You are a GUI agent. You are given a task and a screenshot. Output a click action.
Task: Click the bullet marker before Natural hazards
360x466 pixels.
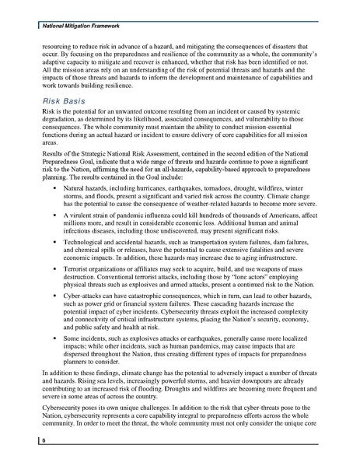point(54,189)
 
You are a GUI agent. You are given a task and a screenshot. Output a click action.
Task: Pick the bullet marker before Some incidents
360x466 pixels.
point(54,350)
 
